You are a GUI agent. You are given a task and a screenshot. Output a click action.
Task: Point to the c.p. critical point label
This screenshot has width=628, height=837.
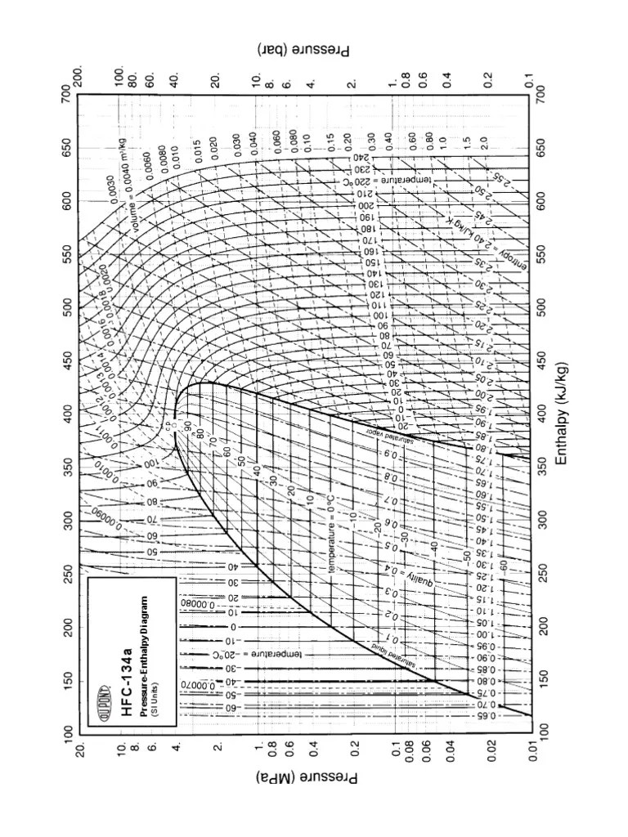pyautogui.click(x=170, y=425)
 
